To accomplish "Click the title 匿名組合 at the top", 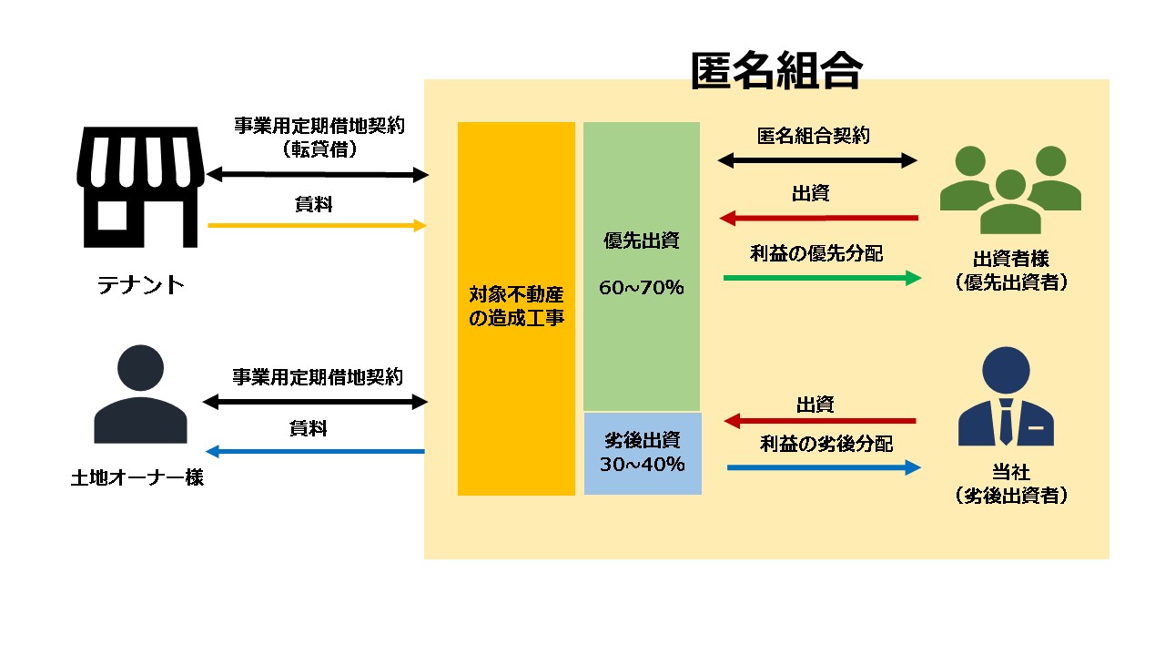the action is coord(776,70).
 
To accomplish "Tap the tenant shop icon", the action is coord(140,187).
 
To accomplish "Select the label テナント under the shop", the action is coord(141,285).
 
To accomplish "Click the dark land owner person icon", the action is coord(140,394).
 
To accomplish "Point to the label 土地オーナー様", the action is coord(137,477).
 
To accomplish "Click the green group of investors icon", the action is coord(1010,190).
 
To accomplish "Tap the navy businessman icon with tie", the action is coord(1006,396).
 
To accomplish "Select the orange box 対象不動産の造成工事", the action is coord(516,309).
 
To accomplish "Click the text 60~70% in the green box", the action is coord(642,287).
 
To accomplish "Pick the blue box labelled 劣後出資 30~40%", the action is coord(643,454).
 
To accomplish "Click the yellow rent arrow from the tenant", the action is coord(318,225).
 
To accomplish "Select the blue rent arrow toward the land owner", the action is coord(315,451).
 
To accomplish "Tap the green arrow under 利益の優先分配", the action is coord(822,278).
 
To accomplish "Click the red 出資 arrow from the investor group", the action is coord(818,218).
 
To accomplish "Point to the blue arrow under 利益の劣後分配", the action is coord(824,467).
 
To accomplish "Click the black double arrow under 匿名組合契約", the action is coord(817,160).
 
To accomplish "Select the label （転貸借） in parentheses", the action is coord(319,149).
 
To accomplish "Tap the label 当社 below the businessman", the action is coord(1011,472).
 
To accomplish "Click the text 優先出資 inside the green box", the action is coord(642,241).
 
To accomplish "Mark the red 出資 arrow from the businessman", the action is coord(820,421).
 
